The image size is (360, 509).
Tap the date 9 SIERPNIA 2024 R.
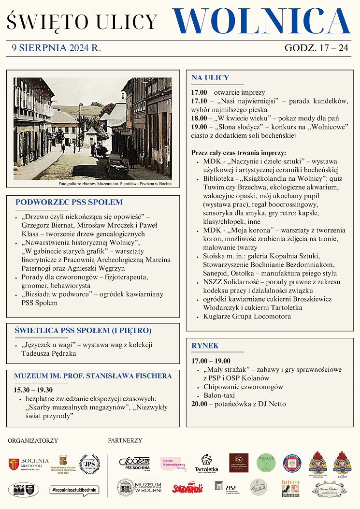(x=57, y=48)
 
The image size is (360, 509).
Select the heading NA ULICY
(x=210, y=77)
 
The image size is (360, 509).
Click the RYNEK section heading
(x=205, y=346)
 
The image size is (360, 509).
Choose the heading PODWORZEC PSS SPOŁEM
(x=69, y=202)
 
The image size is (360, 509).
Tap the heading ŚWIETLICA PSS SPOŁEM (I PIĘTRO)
(x=83, y=331)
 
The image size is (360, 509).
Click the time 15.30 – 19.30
(x=33, y=390)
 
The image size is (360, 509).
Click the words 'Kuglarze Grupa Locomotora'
(x=247, y=317)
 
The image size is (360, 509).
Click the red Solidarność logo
(x=187, y=488)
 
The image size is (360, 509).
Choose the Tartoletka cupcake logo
(x=206, y=463)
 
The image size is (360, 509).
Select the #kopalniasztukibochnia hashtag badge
(x=74, y=490)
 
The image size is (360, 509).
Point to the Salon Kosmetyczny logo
(x=173, y=464)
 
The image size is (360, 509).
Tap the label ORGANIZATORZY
(x=33, y=440)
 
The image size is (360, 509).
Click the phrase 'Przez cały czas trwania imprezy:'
(x=239, y=153)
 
